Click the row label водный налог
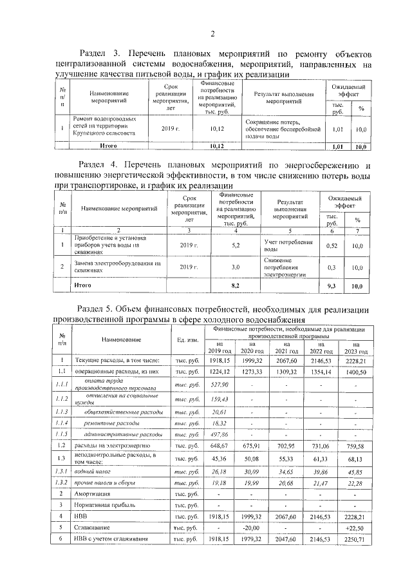pyautogui.click(x=91, y=472)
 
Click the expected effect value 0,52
pyautogui.click(x=333, y=245)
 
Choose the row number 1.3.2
pyautogui.click(x=62, y=483)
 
